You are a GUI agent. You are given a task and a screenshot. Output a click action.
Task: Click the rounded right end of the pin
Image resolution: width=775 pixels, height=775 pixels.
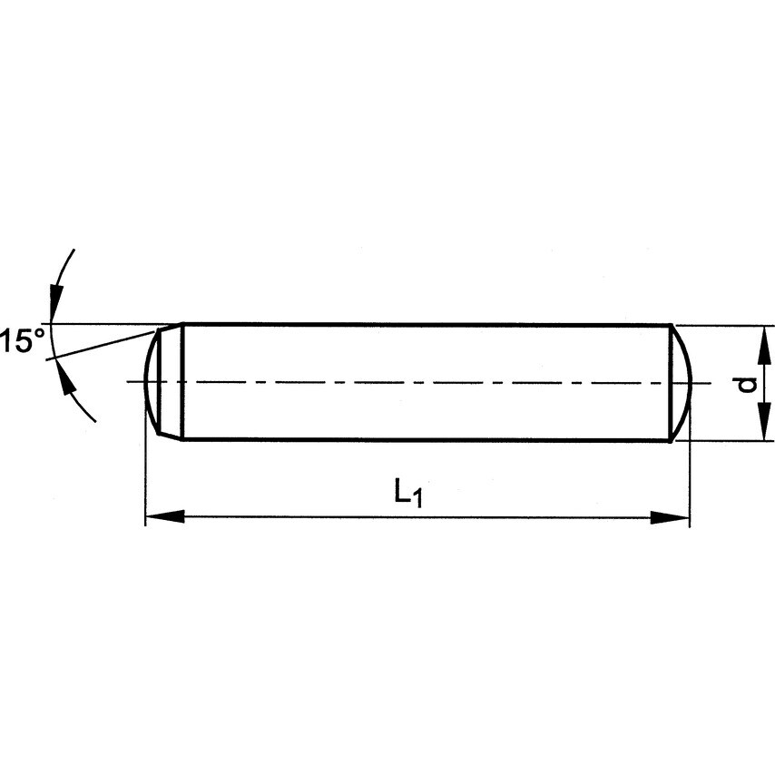tap(682, 382)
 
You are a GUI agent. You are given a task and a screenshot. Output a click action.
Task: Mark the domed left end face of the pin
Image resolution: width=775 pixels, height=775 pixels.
tap(152, 382)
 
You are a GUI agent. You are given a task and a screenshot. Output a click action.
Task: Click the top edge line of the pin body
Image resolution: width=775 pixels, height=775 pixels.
tap(427, 324)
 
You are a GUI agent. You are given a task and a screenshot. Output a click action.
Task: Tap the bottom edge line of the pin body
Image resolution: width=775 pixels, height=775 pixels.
tap(427, 440)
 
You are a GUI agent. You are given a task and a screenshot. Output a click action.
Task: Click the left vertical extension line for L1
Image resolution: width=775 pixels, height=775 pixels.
tap(145, 472)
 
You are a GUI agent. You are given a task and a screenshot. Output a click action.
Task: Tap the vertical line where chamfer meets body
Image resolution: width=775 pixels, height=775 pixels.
tap(184, 382)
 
